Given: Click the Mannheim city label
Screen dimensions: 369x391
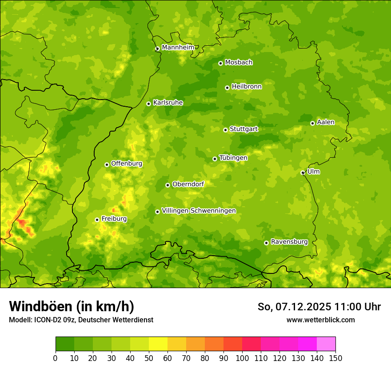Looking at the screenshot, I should coord(178,48).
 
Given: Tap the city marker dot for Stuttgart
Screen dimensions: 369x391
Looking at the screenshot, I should coord(225,130).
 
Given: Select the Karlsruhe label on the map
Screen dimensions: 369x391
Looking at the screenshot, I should coord(168,103).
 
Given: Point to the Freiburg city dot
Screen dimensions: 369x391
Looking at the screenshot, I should coord(97,220).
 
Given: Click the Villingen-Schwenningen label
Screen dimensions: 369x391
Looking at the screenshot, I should coord(199,211).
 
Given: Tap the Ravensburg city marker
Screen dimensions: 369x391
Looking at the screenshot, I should coord(266,243).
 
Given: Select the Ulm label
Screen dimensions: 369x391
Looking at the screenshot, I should coord(313,172).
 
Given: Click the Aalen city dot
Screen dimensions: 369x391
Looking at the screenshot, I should coord(312,123).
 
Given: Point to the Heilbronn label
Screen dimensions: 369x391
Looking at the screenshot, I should coord(247,87).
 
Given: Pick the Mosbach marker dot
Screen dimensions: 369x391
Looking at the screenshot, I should coord(220,63).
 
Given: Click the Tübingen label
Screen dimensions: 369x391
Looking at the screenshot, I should coord(233,158).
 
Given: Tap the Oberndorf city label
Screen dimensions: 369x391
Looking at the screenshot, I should coord(188,184).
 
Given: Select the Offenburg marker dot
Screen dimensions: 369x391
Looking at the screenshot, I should coord(107,164).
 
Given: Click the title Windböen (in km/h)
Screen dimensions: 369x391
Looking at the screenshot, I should coord(72,306).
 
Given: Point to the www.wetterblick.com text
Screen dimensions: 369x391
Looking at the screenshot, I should coord(320,320).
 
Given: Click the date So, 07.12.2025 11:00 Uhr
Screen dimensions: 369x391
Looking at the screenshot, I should coord(319,307).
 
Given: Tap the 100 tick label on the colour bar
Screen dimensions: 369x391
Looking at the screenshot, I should coord(242,358).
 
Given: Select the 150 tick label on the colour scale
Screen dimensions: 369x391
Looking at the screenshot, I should coord(335,358).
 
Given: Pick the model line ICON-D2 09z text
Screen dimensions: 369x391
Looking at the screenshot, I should coord(81,320).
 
